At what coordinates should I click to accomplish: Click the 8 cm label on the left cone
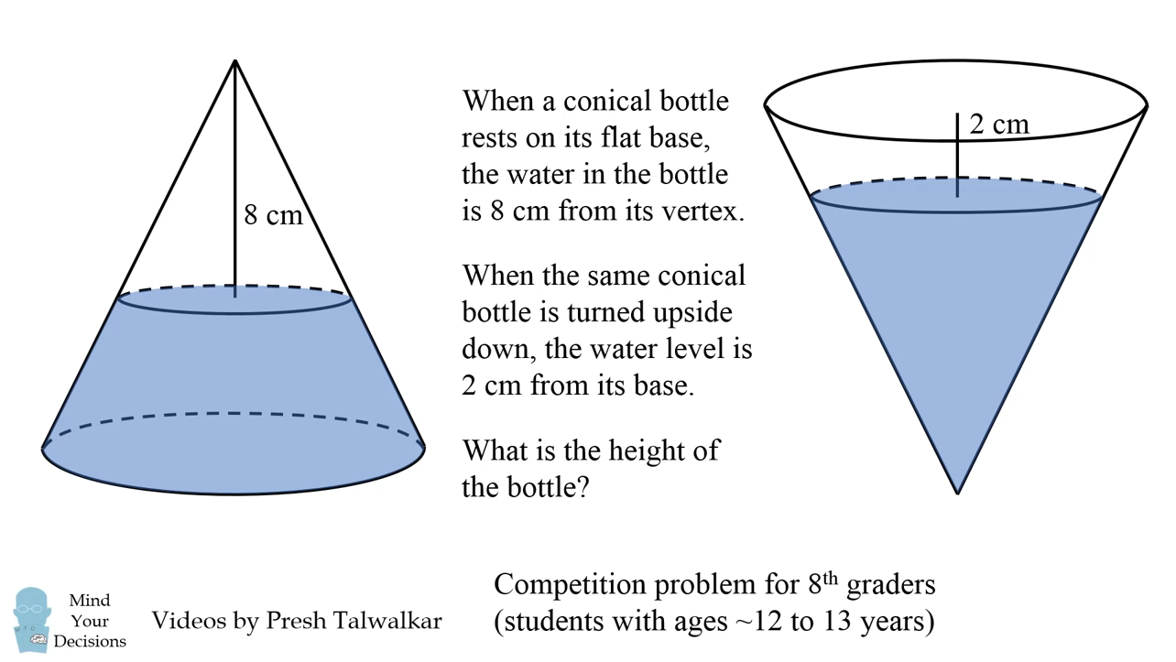coord(272,215)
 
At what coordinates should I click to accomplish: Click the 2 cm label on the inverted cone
coord(998,124)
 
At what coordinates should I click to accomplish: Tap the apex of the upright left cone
coord(235,62)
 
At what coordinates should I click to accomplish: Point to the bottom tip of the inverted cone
coord(957,492)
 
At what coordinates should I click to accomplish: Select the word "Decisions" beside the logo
coord(90,641)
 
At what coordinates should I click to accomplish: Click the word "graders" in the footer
coord(890,584)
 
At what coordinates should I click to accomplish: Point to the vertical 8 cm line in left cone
coord(235,183)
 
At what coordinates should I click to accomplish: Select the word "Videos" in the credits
coord(189,621)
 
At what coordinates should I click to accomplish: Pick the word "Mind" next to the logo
coord(90,601)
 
